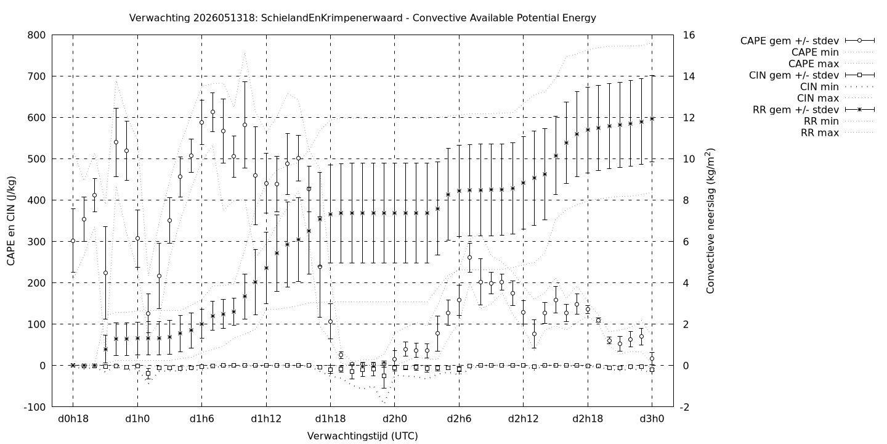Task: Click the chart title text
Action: coord(362,18)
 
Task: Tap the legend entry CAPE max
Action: coord(814,64)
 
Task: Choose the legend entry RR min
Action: coord(821,121)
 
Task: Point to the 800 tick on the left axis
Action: coord(36,35)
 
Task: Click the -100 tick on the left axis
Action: coord(35,407)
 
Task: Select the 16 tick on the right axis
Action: coord(689,35)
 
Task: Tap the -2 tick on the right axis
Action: coord(687,407)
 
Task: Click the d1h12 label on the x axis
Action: coord(266,419)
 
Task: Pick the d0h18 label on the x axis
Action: coord(73,419)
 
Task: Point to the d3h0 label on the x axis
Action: coord(652,419)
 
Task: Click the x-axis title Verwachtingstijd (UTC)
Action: coord(362,436)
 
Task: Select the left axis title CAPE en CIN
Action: coord(10,221)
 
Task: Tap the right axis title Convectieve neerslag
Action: coord(710,221)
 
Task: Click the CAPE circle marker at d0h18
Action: coord(73,240)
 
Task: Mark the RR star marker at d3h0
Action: coord(652,118)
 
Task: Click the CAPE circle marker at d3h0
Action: coord(652,359)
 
